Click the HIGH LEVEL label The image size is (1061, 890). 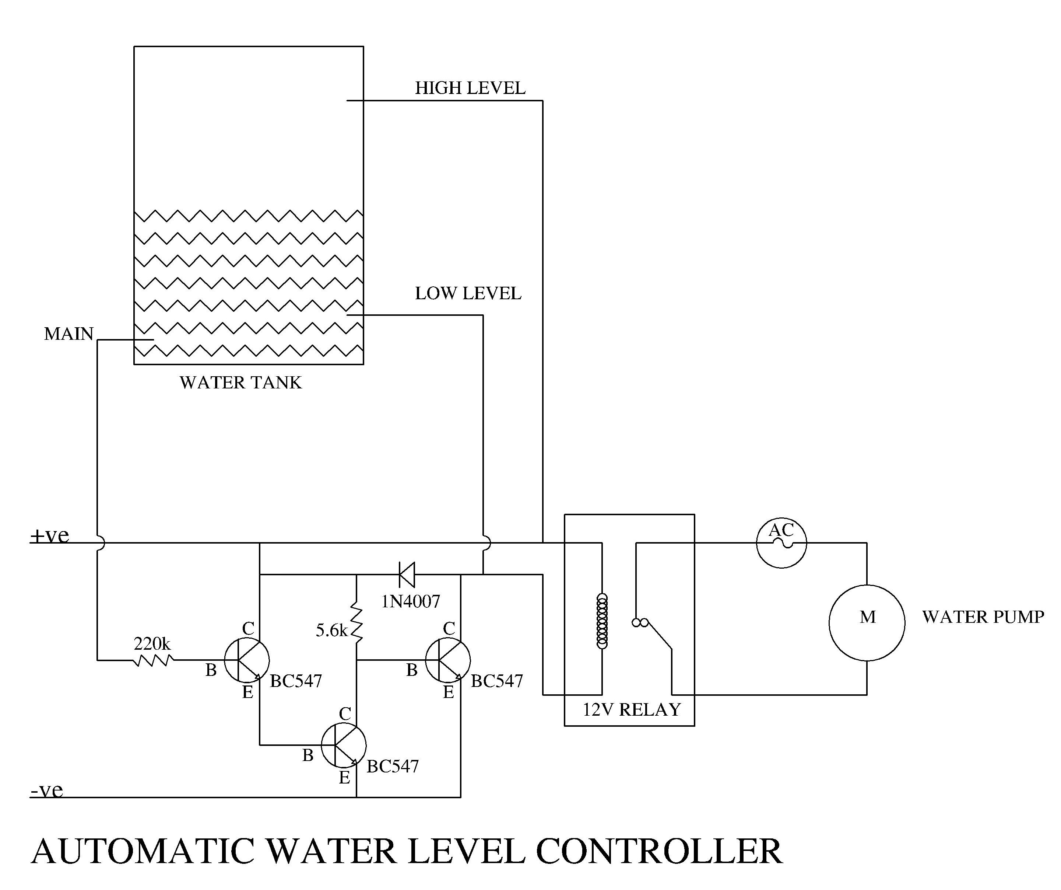pyautogui.click(x=470, y=88)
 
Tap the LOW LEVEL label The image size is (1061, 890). pyautogui.click(x=468, y=293)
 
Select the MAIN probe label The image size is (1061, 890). pyautogui.click(x=69, y=334)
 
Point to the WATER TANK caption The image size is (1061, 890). pyautogui.click(x=240, y=382)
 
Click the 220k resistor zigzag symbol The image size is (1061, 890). pyautogui.click(x=154, y=660)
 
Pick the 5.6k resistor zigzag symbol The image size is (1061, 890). pyautogui.click(x=357, y=622)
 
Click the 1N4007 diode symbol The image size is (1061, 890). pyautogui.click(x=407, y=575)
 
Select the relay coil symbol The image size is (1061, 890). pyautogui.click(x=602, y=621)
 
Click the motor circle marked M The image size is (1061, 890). pyautogui.click(x=867, y=622)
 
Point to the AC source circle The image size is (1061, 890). pyautogui.click(x=781, y=542)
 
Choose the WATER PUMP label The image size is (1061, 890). pyautogui.click(x=983, y=617)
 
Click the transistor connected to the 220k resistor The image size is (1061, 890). pyautogui.click(x=246, y=660)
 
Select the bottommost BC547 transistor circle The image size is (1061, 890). pyautogui.click(x=344, y=745)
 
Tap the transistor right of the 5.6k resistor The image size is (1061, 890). pyautogui.click(x=448, y=660)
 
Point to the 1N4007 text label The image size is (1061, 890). pyautogui.click(x=410, y=601)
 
